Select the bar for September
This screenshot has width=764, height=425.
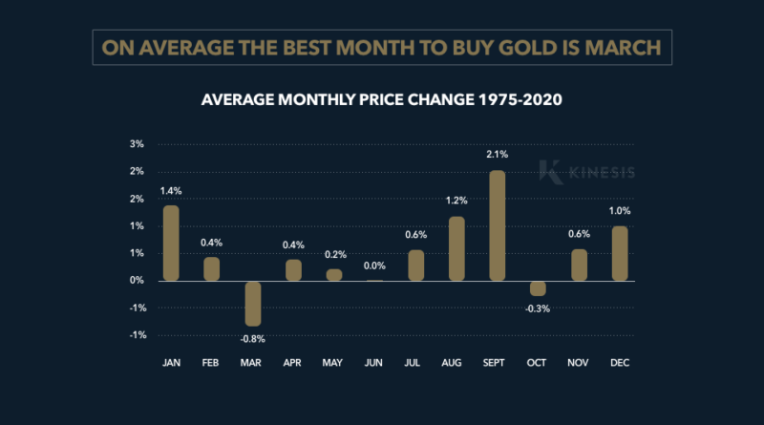pos(497,225)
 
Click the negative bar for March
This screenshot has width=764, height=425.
pos(252,304)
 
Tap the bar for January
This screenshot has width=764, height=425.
pos(171,243)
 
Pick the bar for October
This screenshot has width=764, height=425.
pos(538,288)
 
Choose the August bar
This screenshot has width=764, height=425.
pos(456,248)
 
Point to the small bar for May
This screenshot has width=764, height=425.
pos(334,275)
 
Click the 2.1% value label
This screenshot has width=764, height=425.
pos(497,154)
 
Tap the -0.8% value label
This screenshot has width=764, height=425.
pos(252,338)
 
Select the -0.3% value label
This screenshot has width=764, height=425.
pos(538,308)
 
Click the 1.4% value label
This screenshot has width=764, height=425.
pos(171,191)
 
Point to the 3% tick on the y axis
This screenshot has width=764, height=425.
pos(137,145)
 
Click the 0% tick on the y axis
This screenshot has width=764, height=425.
pos(137,281)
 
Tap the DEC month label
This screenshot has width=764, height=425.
pos(619,364)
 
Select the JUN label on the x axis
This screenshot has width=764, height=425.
pos(374,364)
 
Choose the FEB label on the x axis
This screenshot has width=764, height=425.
pos(212,364)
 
